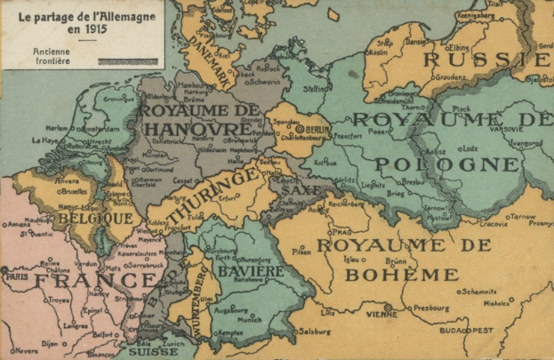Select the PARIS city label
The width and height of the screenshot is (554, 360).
[x=17, y=275]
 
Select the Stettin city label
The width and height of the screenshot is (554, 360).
[x=316, y=88]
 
